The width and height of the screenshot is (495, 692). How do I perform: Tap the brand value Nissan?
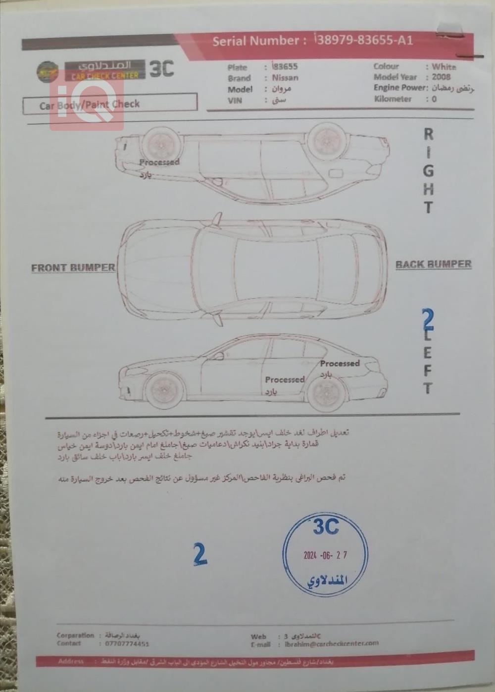[285, 78]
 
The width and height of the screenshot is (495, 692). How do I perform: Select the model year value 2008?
[441, 77]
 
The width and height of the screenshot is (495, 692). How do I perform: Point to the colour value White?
[444, 66]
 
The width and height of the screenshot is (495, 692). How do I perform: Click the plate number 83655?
[286, 66]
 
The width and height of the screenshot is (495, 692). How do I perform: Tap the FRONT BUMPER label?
[73, 267]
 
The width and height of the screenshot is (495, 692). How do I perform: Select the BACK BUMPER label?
[433, 265]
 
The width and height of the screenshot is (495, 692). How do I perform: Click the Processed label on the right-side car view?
[159, 162]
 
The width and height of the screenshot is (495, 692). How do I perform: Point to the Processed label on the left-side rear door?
[285, 379]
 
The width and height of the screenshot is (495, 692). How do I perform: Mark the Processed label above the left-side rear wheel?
[340, 363]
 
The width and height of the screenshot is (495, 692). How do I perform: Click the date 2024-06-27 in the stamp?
[325, 555]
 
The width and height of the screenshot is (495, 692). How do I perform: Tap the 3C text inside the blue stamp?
[325, 527]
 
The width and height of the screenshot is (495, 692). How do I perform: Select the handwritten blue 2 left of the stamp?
[199, 554]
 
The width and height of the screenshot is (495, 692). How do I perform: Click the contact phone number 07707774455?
[127, 644]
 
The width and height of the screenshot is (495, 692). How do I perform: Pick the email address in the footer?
[332, 644]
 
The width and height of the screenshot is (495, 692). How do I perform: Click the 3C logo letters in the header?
[161, 69]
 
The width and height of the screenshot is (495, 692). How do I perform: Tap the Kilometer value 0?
[434, 99]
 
